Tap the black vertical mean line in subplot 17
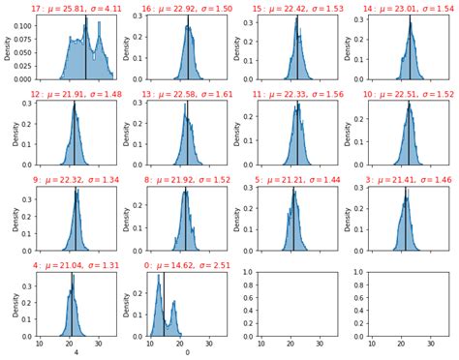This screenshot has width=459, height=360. (86, 48)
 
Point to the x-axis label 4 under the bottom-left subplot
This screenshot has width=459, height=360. (76, 353)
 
